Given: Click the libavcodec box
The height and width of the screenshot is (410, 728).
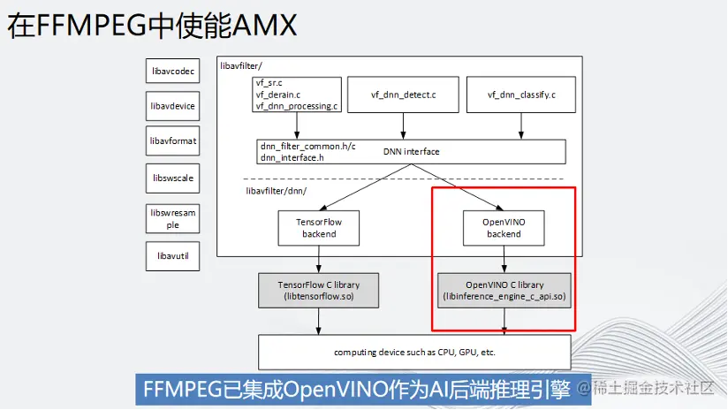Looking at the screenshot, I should (x=172, y=71).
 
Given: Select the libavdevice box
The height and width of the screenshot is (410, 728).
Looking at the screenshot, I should (x=172, y=106).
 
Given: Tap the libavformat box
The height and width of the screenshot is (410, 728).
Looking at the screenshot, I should (x=172, y=141).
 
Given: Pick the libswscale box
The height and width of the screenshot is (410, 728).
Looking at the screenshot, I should (x=172, y=178).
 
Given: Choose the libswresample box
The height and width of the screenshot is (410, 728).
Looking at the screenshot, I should (x=172, y=218).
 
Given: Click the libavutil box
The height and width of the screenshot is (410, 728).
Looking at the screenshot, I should (x=172, y=256).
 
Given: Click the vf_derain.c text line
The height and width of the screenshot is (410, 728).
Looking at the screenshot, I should (x=278, y=95).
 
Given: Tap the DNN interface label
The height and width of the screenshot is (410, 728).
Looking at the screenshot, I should (x=411, y=151).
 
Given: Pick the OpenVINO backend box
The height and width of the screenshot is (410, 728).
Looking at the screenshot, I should (x=504, y=227).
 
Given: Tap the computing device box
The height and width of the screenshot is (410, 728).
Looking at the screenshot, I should (x=414, y=352).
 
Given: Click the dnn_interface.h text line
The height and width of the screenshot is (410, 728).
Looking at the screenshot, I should (x=291, y=157).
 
